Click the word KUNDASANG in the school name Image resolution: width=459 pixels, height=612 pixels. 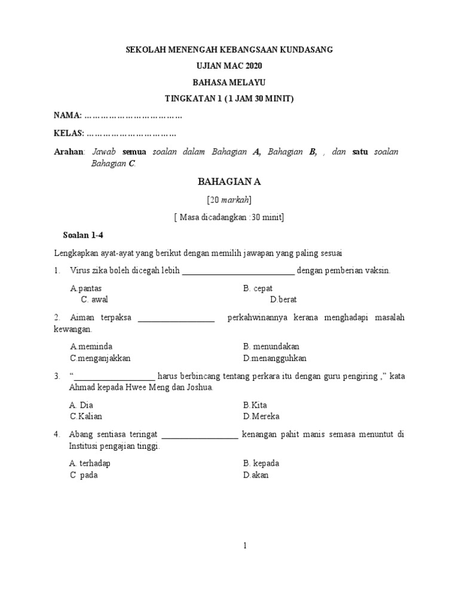(x=303, y=50)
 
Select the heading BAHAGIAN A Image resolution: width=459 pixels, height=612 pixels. (x=229, y=182)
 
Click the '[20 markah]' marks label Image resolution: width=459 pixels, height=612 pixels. (x=229, y=200)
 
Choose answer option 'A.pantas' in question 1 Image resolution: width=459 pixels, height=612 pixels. (x=86, y=288)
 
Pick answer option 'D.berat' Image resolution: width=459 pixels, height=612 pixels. (x=283, y=299)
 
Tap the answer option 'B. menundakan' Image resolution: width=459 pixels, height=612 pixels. (x=271, y=347)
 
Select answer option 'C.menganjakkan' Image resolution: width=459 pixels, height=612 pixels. (x=100, y=359)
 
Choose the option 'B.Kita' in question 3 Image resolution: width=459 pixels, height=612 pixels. (x=255, y=405)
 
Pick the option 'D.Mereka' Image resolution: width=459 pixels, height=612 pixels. (x=261, y=417)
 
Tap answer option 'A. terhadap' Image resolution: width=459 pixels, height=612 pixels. (x=90, y=463)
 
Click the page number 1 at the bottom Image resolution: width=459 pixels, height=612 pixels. (x=228, y=545)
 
